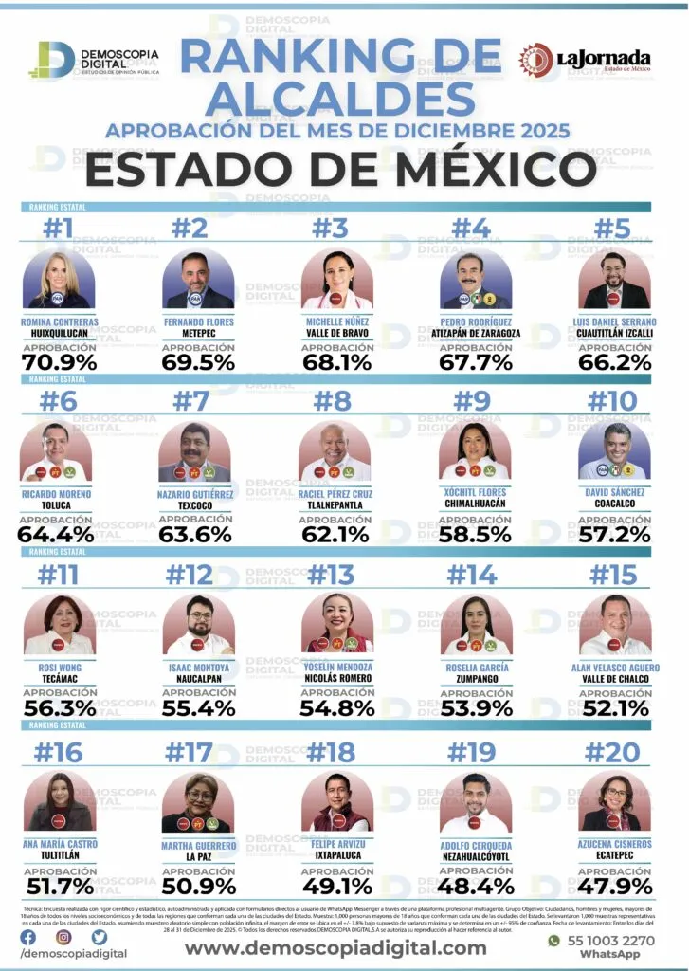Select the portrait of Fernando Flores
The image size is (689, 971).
198,281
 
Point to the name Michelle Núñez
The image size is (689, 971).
336,322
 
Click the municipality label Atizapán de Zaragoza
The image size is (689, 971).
475,334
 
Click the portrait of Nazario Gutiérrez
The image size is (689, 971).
198,453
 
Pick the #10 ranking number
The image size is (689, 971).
614,401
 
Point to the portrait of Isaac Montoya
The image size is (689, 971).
198,625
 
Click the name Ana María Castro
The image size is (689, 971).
59,844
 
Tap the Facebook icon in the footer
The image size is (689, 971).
28,937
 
